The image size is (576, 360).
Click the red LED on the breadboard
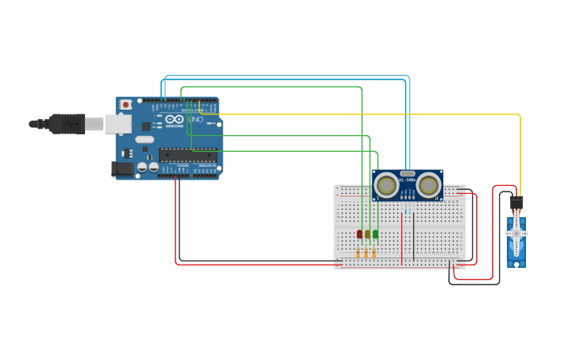(359, 234)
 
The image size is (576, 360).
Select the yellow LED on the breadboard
(367, 234)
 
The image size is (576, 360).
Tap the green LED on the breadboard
(376, 234)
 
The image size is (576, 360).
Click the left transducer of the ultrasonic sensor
(387, 185)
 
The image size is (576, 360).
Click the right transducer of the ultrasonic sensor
(429, 185)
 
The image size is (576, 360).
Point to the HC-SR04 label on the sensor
(408, 181)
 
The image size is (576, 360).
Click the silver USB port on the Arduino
(118, 122)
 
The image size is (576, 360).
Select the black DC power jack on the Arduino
(123, 168)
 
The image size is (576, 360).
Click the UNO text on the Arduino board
(195, 119)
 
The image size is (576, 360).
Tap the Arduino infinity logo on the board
(174, 119)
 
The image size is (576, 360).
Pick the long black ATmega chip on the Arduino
(187, 154)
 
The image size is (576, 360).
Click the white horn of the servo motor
(516, 234)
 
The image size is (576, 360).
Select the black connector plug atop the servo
(516, 203)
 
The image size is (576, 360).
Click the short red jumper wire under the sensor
(402, 238)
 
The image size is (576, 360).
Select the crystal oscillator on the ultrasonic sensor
(408, 172)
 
